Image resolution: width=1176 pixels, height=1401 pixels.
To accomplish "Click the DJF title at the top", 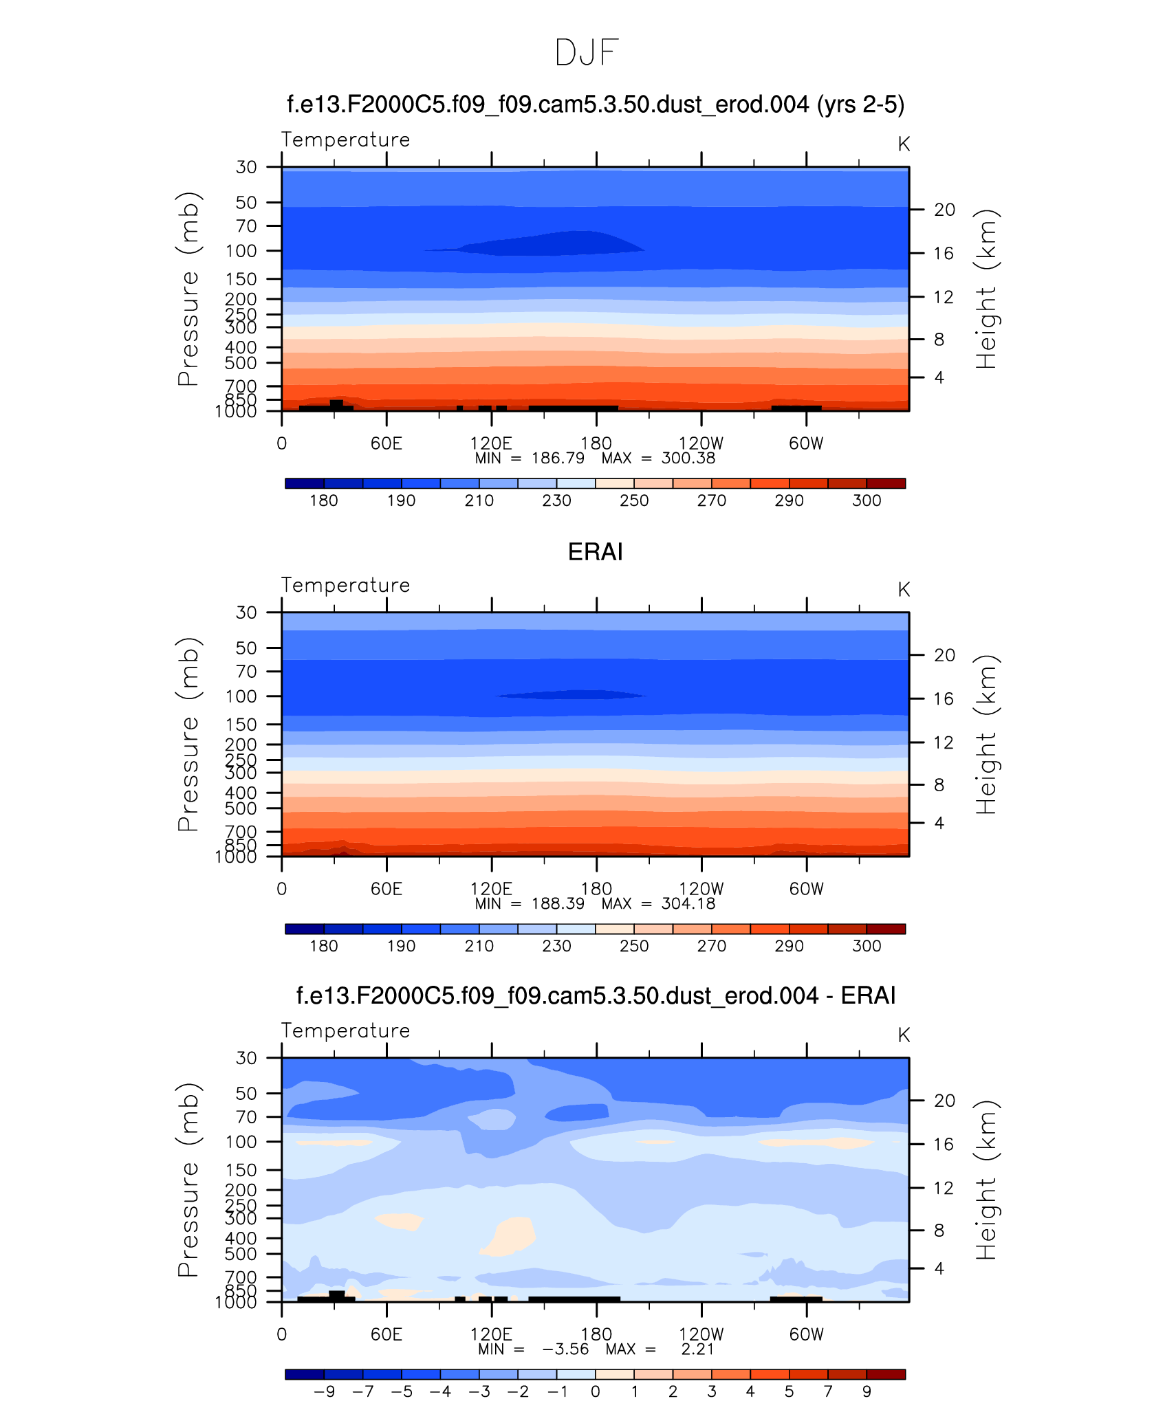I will [x=587, y=53].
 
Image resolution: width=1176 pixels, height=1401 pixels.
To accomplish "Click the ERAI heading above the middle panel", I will [x=595, y=552].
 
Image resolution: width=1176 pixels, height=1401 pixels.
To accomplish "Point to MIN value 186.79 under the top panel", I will [x=558, y=459].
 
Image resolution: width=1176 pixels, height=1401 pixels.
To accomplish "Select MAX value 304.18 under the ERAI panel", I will [x=688, y=904].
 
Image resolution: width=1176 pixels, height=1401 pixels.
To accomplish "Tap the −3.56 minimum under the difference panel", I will [x=565, y=1349].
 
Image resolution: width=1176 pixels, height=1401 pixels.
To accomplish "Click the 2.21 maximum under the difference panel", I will [x=697, y=1349].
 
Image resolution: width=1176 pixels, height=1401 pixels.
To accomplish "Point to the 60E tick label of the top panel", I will [x=386, y=443].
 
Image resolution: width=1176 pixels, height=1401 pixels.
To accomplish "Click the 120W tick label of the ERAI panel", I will [x=701, y=889].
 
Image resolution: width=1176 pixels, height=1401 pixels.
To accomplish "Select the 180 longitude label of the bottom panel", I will [x=596, y=1334].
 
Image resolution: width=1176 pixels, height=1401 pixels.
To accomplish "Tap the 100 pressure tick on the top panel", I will [x=241, y=251].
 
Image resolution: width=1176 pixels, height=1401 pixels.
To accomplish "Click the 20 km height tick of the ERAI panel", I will [x=944, y=655].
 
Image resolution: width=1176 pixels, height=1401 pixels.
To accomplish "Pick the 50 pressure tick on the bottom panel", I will [x=246, y=1093].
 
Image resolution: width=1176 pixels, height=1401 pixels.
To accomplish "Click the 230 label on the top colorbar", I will [x=556, y=500].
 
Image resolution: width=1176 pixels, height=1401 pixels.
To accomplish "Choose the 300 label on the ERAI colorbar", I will [x=867, y=946].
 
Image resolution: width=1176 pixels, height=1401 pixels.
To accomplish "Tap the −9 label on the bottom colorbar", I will [x=324, y=1391].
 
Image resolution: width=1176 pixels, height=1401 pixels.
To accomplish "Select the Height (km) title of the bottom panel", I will [x=986, y=1180].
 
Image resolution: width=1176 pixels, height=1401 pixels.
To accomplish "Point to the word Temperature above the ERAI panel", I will [x=345, y=585].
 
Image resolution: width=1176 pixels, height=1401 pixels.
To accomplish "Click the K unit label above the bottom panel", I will [x=904, y=1035].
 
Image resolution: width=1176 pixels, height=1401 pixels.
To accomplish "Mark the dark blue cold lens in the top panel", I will [x=550, y=244].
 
